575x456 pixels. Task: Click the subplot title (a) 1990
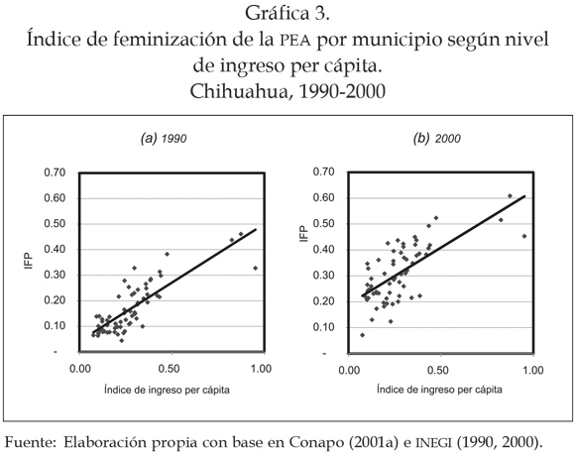(164, 139)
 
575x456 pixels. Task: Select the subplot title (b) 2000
(437, 139)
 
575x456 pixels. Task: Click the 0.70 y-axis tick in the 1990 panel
(55, 172)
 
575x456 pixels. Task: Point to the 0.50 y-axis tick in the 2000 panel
(324, 224)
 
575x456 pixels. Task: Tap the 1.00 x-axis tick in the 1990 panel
(261, 369)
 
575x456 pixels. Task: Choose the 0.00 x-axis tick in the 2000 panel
(349, 370)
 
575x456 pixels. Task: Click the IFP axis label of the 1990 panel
(28, 261)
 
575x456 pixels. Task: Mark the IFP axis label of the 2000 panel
(304, 234)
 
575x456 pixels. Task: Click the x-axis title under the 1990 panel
(167, 390)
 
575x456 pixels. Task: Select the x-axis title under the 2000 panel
(439, 389)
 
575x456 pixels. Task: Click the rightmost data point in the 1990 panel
(255, 268)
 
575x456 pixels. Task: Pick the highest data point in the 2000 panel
(510, 195)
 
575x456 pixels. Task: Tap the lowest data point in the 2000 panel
(362, 335)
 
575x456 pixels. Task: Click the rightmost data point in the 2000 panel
(524, 236)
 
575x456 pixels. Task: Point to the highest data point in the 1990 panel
(241, 234)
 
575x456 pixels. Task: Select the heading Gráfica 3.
(287, 14)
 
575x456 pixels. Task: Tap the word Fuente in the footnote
(30, 442)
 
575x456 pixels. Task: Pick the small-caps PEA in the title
(295, 41)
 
